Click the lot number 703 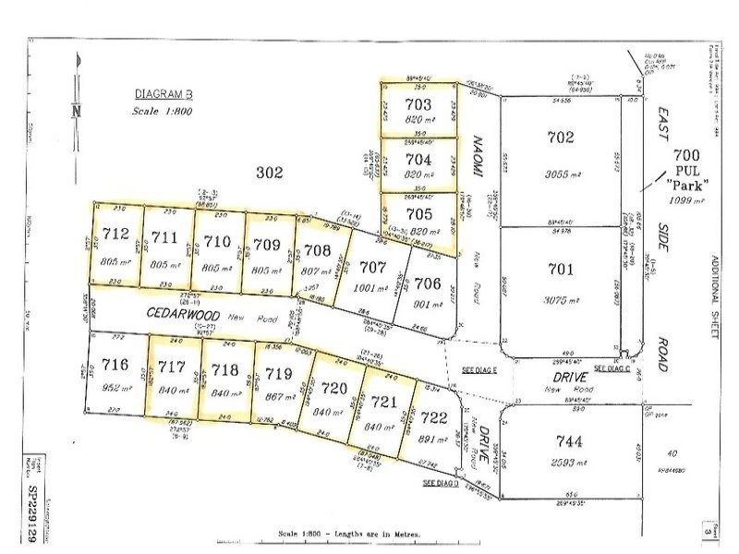418,103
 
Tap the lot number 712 114,235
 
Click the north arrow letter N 75,110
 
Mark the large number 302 269,172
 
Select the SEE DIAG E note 479,369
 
